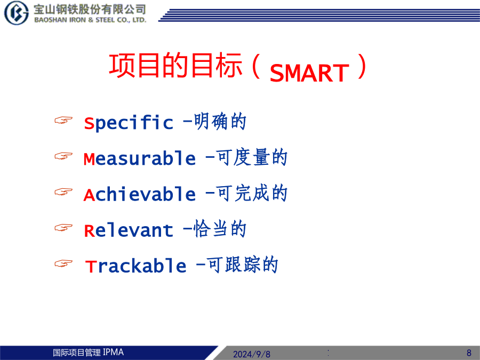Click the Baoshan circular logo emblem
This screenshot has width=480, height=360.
(17, 13)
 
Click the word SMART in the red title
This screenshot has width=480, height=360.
(309, 73)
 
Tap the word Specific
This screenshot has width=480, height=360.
(129, 123)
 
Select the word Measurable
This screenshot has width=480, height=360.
(140, 158)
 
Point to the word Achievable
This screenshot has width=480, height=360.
(140, 194)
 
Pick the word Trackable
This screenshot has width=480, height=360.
(135, 266)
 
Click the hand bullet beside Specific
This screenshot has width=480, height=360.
(63, 120)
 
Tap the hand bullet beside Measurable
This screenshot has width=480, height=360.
(63, 156)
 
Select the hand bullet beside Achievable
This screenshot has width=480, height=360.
(63, 192)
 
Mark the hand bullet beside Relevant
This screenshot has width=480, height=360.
(63, 228)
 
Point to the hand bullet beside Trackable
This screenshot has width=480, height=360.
(63, 263)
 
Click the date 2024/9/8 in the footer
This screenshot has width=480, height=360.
(252, 354)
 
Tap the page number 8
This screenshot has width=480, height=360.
(469, 353)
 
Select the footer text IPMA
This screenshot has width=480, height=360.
(113, 353)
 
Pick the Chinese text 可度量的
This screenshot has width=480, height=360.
(252, 158)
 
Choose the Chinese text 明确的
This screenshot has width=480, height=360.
(220, 122)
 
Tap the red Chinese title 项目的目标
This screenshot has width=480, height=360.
(175, 65)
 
